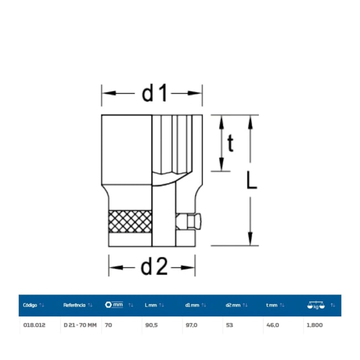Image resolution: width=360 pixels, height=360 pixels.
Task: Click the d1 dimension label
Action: tap(155, 93)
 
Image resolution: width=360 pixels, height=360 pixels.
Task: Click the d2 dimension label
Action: tap(154, 267)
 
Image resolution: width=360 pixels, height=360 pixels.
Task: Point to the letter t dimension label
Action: tap(230, 143)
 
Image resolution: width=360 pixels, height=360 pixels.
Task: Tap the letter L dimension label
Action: tap(251, 181)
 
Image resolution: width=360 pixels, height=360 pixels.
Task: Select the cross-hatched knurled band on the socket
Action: tap(130, 222)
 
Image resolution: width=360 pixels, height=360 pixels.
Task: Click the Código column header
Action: tap(30, 305)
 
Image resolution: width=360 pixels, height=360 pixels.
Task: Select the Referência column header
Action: tap(74, 305)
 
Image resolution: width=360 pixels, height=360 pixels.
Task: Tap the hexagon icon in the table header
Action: tap(108, 305)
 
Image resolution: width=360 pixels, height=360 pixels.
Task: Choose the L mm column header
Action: tap(151, 305)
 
